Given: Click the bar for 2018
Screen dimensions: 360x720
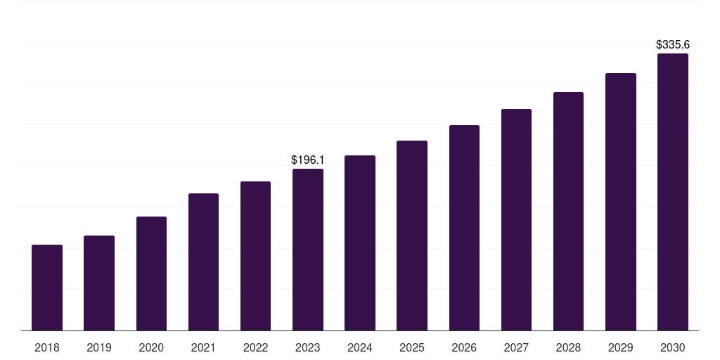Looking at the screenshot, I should [x=47, y=288].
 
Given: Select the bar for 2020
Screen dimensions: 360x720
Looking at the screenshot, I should [x=151, y=274].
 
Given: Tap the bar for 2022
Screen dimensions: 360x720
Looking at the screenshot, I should [x=255, y=256].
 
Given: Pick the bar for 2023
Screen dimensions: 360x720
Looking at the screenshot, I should [x=308, y=250].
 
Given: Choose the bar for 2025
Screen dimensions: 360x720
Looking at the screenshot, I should [x=412, y=236].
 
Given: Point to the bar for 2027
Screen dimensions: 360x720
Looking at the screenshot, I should [x=516, y=220].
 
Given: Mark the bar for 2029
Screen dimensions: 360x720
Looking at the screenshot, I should [x=620, y=202].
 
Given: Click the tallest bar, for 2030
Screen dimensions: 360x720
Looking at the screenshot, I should [x=673, y=192].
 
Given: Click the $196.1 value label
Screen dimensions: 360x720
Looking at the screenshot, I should [x=308, y=160].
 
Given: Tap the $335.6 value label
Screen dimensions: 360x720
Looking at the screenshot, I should [x=673, y=45].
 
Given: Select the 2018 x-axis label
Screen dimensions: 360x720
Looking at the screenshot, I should [x=47, y=347].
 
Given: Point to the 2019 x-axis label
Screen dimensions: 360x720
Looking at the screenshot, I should [x=99, y=347].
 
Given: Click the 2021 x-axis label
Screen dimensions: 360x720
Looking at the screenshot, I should [x=203, y=347].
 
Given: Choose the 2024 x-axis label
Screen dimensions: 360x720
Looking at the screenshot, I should [x=360, y=347].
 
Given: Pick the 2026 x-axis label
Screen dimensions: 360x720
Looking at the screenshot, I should [x=464, y=347].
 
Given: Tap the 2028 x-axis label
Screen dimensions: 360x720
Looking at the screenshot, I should [x=568, y=347].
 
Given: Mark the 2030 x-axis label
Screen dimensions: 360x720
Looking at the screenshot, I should [x=673, y=347].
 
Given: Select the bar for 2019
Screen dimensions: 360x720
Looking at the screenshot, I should [x=99, y=283].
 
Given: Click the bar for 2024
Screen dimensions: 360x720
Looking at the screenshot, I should [x=360, y=243].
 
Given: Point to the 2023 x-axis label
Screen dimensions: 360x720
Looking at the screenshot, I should [x=308, y=347].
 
